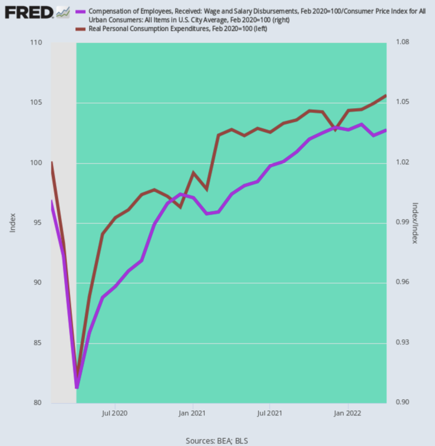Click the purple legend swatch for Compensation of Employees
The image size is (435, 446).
click(x=81, y=12)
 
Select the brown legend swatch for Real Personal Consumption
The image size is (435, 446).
click(x=81, y=28)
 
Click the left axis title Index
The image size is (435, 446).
click(x=13, y=223)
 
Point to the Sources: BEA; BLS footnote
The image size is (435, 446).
click(x=217, y=440)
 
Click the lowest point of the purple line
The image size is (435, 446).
click(x=76, y=386)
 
